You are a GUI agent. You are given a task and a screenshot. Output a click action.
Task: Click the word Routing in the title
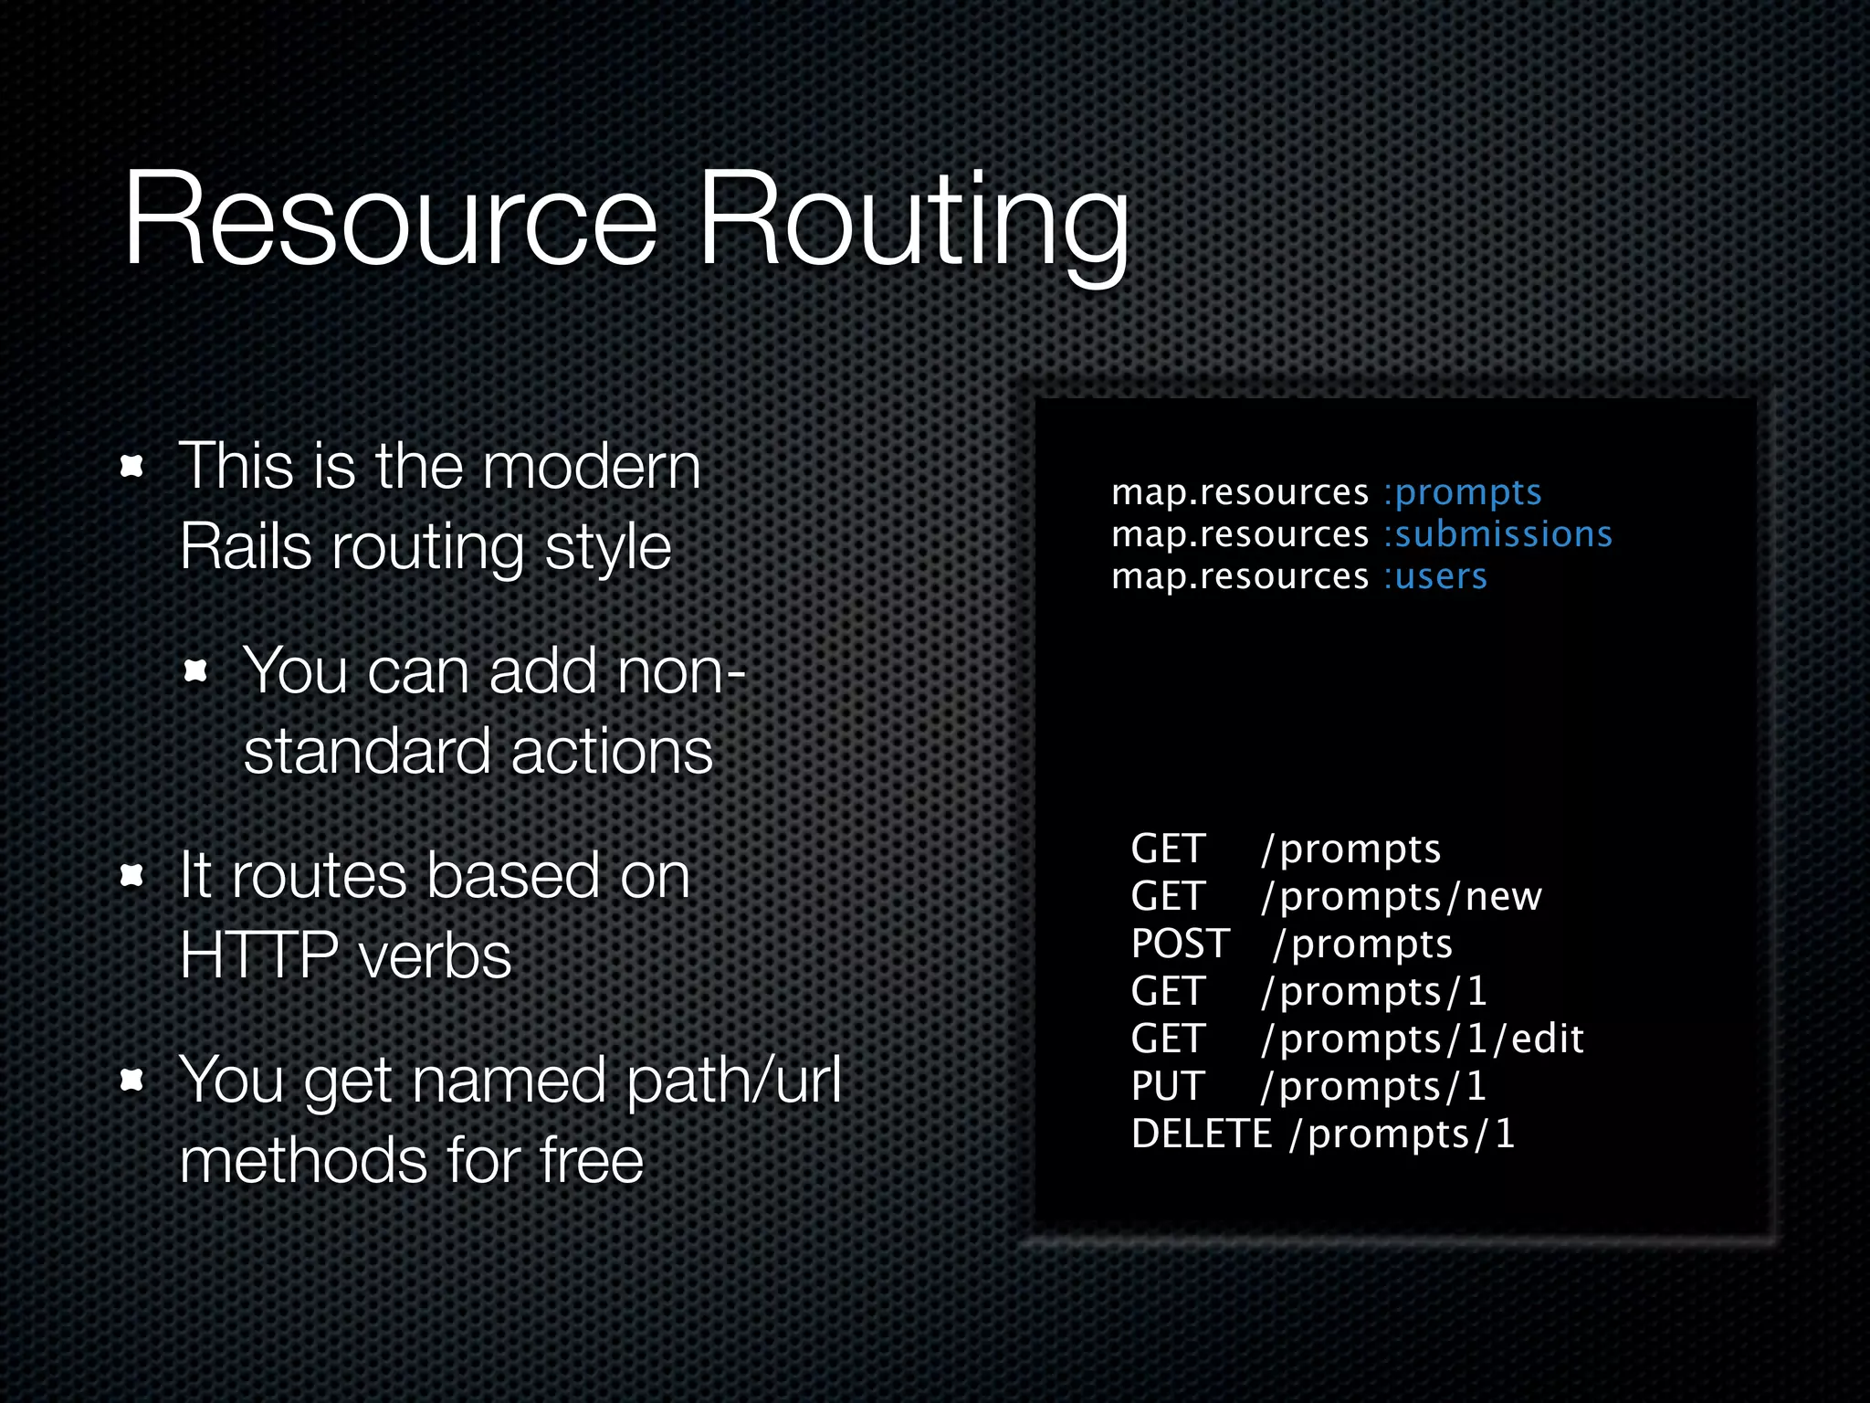click(x=913, y=224)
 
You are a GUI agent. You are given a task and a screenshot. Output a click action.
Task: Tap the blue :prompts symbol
click(x=1462, y=492)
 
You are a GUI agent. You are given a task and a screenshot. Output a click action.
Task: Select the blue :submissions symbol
click(x=1497, y=534)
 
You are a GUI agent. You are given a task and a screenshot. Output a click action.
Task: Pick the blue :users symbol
click(x=1434, y=576)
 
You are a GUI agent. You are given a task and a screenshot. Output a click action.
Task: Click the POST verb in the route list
click(x=1180, y=944)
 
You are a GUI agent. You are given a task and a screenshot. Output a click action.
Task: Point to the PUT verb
click(x=1168, y=1086)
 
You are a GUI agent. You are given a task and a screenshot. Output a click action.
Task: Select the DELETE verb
click(x=1201, y=1134)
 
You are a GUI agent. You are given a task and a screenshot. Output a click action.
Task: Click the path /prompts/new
click(x=1401, y=896)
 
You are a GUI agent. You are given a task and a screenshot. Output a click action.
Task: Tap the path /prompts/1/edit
click(x=1422, y=1039)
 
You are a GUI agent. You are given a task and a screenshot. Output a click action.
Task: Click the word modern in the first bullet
click(x=591, y=466)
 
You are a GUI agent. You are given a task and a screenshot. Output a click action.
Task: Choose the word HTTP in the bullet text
click(x=259, y=956)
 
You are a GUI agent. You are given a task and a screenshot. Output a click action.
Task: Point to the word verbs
click(x=435, y=956)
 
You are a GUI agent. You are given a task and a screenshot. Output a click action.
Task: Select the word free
click(x=591, y=1160)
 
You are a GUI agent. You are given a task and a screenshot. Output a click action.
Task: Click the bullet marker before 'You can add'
click(x=196, y=672)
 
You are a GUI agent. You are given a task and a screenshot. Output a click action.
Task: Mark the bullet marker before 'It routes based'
click(x=132, y=876)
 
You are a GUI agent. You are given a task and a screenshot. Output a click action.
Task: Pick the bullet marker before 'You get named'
click(x=132, y=1081)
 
